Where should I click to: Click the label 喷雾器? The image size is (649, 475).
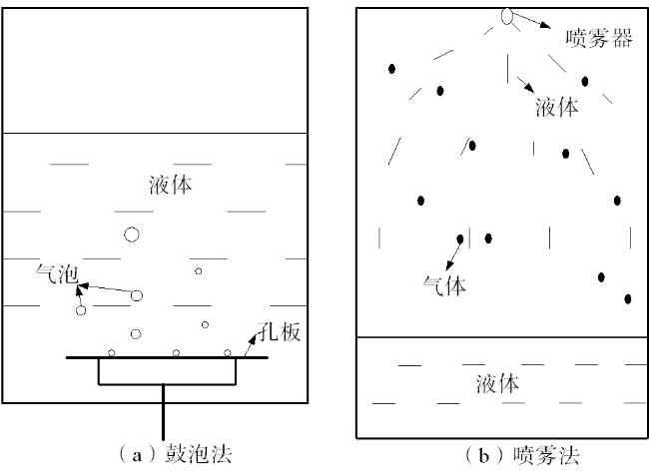pyautogui.click(x=599, y=38)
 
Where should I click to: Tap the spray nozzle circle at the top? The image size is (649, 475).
pyautogui.click(x=507, y=16)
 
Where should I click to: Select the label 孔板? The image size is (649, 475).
pyautogui.click(x=279, y=331)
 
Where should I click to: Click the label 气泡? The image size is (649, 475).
pyautogui.click(x=57, y=273)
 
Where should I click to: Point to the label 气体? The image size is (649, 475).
pyautogui.click(x=444, y=285)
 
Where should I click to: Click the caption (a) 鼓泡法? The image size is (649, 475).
pyautogui.click(x=175, y=455)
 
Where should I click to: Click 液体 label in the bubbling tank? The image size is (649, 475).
pyautogui.click(x=171, y=185)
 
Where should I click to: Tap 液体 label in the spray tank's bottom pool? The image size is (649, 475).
pyautogui.click(x=497, y=383)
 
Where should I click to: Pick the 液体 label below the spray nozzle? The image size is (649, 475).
pyautogui.click(x=557, y=107)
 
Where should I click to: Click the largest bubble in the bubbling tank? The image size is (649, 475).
pyautogui.click(x=132, y=235)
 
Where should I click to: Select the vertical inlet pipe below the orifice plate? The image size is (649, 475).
pyautogui.click(x=164, y=412)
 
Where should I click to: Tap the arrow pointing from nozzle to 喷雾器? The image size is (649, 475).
pyautogui.click(x=532, y=20)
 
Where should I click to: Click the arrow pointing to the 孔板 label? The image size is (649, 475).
pyautogui.click(x=251, y=345)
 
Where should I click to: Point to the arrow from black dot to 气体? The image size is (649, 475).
pyautogui.click(x=453, y=254)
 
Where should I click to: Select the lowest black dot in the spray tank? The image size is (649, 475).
pyautogui.click(x=628, y=298)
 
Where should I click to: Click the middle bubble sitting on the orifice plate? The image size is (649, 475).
pyautogui.click(x=176, y=353)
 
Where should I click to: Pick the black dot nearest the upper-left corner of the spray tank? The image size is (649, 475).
pyautogui.click(x=391, y=69)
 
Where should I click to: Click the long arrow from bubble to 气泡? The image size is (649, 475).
pyautogui.click(x=108, y=288)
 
